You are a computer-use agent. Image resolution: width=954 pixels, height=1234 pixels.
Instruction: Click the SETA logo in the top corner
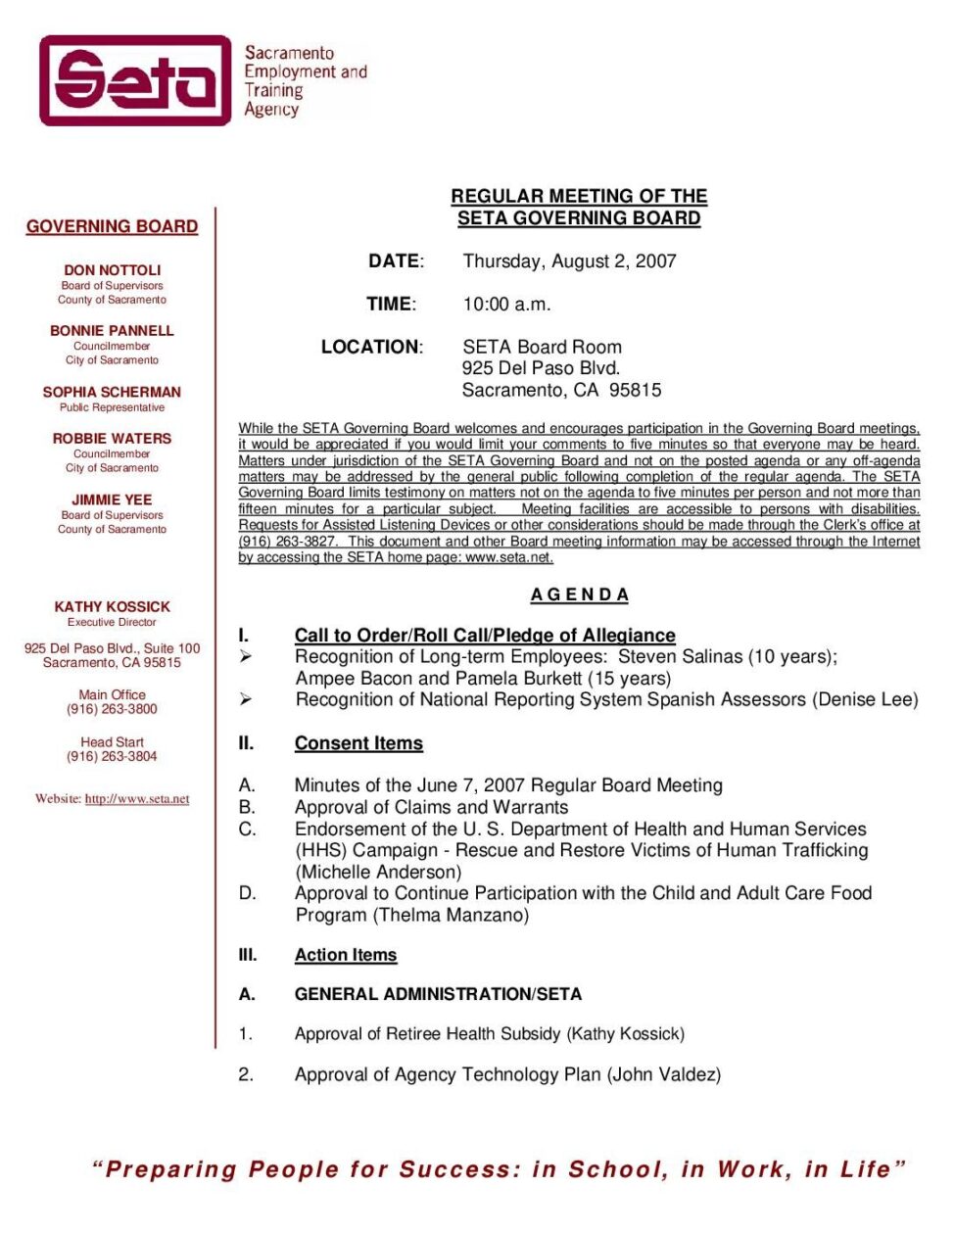pos(135,80)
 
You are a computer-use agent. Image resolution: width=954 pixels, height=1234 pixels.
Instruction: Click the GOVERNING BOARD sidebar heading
pos(112,226)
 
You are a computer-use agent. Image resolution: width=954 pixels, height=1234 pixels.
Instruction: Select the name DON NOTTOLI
pos(112,270)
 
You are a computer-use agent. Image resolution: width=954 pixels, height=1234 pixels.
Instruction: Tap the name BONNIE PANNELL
pos(112,331)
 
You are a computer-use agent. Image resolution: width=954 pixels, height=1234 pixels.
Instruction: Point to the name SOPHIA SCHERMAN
pos(112,392)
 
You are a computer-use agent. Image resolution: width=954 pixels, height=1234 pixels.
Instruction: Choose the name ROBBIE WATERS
pos(112,439)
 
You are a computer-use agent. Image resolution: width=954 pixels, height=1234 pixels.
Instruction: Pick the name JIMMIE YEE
pos(112,499)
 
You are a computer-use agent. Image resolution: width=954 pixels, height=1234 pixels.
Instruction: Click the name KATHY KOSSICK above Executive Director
pos(112,607)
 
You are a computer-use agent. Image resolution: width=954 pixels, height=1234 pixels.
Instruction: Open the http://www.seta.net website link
pos(137,799)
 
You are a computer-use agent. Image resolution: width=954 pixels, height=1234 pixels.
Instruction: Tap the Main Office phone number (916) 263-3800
pos(112,709)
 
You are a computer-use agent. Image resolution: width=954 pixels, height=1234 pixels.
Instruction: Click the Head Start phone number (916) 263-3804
pos(112,756)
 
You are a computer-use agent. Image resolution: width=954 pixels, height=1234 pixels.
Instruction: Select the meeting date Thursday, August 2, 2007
pos(569,261)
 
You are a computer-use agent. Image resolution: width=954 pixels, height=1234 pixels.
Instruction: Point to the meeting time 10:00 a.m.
pos(506,305)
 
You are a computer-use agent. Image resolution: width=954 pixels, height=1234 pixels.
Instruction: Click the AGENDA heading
pos(579,594)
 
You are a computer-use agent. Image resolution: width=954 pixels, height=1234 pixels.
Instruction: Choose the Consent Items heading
pos(358,743)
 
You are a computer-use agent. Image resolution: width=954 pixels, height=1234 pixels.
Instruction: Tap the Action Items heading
pos(346,955)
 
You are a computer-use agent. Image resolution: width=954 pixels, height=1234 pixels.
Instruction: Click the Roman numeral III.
pos(248,955)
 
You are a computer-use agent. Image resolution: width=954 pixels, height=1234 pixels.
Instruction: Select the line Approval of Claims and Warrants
pos(431,807)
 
